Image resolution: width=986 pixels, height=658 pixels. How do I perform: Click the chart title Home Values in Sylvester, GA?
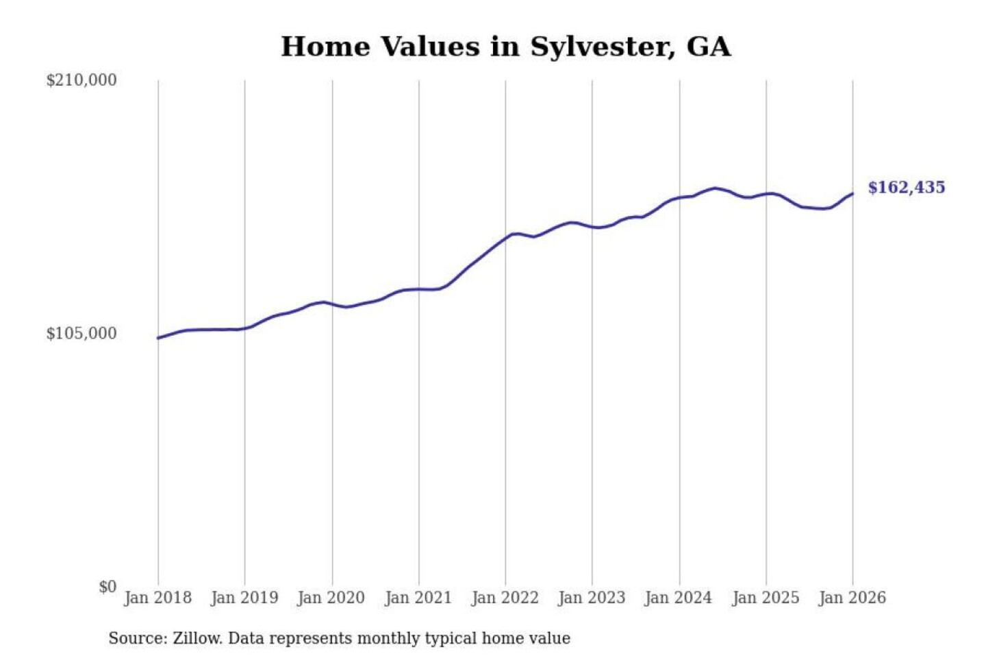[x=505, y=47]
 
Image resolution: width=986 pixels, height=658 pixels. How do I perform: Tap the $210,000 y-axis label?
[x=81, y=80]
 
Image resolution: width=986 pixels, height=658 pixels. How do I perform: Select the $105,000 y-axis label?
[x=81, y=333]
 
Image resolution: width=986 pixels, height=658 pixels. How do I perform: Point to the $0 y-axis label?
[x=108, y=587]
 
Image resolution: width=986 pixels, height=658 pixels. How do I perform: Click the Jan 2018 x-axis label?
[x=157, y=598]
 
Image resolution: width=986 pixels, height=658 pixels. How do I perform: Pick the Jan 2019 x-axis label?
[x=244, y=598]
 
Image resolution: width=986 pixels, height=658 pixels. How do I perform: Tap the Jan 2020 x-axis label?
[x=331, y=598]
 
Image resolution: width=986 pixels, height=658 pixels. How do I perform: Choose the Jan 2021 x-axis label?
[x=418, y=598]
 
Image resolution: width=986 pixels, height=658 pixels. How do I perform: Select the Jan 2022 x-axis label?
[x=505, y=598]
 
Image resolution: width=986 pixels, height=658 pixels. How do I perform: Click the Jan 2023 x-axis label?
[x=592, y=598]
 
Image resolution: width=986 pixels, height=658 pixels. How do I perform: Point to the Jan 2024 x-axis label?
[x=679, y=598]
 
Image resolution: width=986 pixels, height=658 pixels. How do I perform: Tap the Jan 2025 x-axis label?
[x=766, y=598]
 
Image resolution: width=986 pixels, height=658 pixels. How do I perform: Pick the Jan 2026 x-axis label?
[x=852, y=598]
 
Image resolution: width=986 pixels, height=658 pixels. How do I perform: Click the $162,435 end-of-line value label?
[x=906, y=188]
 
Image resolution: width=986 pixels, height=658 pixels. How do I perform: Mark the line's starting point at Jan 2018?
[x=158, y=338]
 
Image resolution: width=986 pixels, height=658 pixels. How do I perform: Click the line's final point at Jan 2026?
[x=852, y=194]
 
